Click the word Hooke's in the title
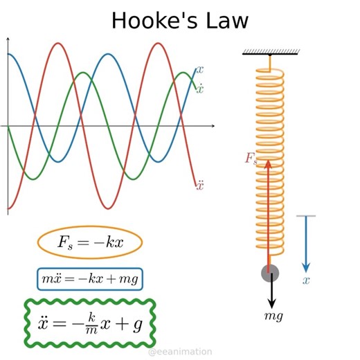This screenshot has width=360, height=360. (150, 21)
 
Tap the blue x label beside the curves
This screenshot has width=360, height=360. (200, 70)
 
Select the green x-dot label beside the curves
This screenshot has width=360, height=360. (200, 89)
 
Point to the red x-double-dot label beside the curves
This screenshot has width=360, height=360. (200, 185)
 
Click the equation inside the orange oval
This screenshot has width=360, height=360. (89, 242)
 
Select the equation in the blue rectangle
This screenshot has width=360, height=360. (90, 278)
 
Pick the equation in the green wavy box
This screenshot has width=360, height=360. (90, 323)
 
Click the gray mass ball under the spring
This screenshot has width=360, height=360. (270, 273)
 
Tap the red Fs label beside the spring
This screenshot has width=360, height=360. (251, 159)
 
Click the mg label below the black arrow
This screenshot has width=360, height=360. (273, 316)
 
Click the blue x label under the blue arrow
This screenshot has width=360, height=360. (306, 281)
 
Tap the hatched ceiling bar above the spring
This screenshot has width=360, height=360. (270, 51)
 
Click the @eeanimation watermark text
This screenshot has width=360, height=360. (180, 352)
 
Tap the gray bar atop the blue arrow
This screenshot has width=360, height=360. (306, 216)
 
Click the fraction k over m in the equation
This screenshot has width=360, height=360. (80, 322)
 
